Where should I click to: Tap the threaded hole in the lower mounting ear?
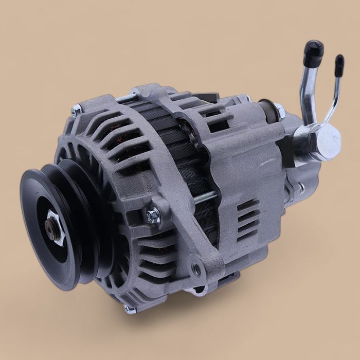[196, 267]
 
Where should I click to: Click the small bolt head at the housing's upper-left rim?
[77, 109]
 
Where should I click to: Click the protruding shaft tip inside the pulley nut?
[51, 225]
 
